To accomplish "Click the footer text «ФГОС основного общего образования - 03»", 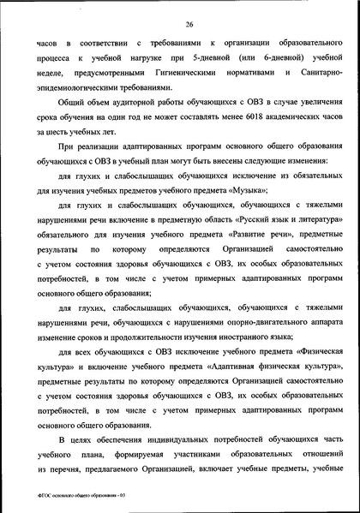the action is pyautogui.click(x=64, y=495).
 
